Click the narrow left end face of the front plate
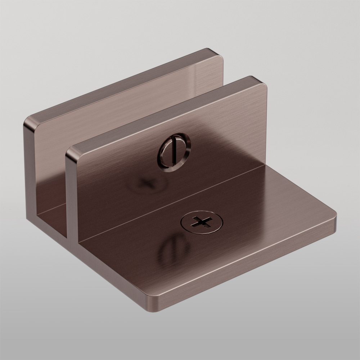[x=72, y=194]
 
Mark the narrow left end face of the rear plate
[x=30, y=169]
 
